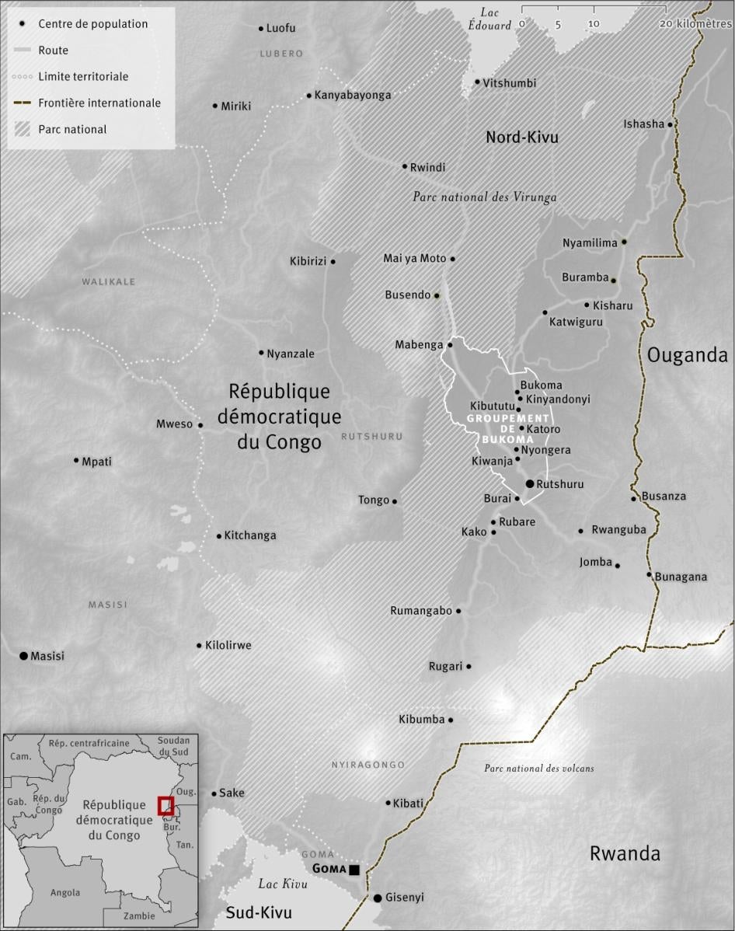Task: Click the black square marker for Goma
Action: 354,870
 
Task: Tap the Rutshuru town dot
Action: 530,483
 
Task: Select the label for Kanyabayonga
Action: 352,96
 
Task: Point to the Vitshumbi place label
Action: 509,83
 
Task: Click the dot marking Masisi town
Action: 24,656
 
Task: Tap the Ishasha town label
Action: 644,124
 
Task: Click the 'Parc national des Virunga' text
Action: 485,197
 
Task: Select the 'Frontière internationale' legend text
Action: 99,103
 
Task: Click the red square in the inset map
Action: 165,805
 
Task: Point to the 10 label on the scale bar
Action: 594,24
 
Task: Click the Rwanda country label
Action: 625,853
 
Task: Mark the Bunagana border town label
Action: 681,577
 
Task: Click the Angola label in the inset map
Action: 65,893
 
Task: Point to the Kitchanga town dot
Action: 219,535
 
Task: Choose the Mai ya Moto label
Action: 415,259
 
